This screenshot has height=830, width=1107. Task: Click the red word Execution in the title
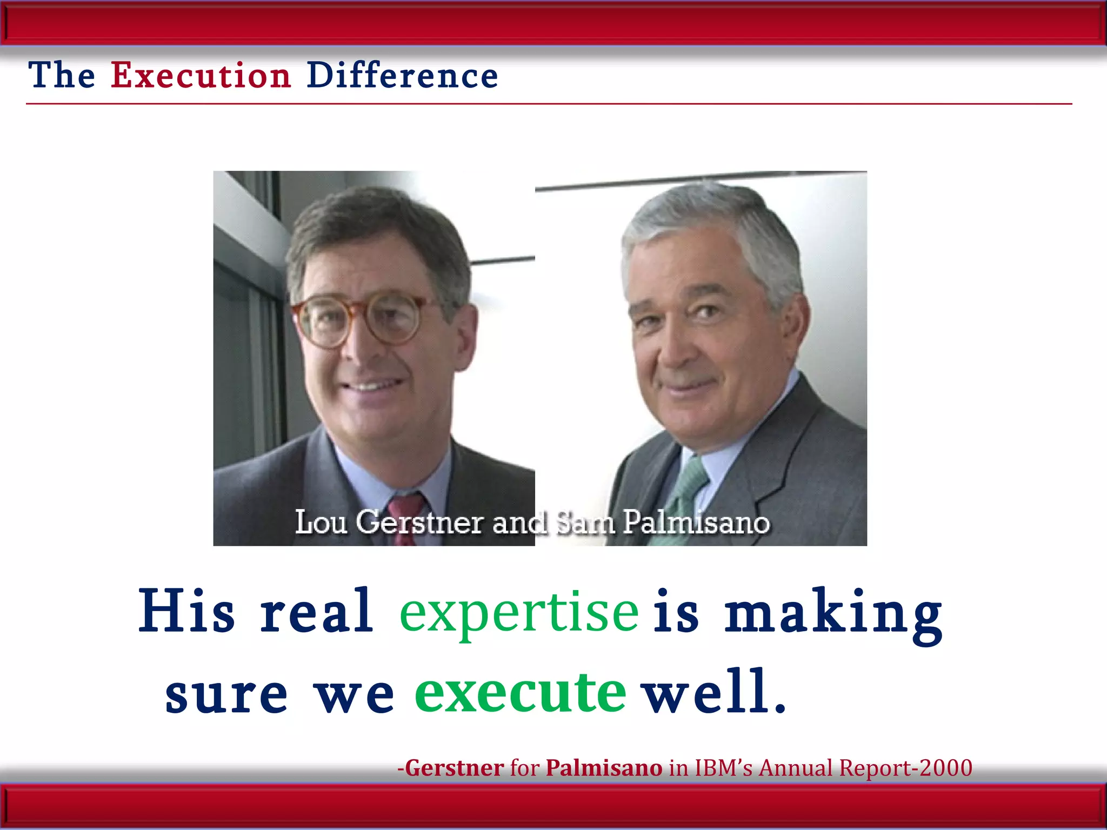point(201,75)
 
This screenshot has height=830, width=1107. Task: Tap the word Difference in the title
point(402,75)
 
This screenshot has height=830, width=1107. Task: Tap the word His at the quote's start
point(186,611)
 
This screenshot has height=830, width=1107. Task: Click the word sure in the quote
point(226,694)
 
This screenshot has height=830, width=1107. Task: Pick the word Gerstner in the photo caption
point(419,523)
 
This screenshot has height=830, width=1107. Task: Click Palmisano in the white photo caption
point(696,523)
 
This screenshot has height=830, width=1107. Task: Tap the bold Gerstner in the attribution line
point(455,768)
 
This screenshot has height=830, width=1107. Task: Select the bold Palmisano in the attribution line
point(604,768)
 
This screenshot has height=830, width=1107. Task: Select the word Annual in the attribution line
point(796,768)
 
